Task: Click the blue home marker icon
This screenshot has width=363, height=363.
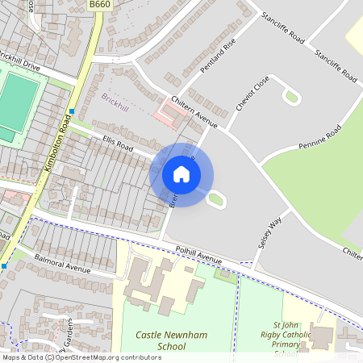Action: tap(181, 174)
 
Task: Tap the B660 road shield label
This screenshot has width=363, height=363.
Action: tap(99, 5)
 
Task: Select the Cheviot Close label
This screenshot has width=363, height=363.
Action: tap(251, 96)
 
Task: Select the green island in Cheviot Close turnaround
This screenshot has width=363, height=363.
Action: tap(291, 98)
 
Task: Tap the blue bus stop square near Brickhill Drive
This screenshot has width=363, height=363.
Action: tap(72, 111)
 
